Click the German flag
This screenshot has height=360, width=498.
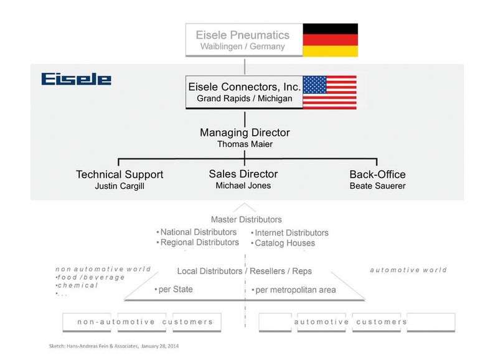click(330, 40)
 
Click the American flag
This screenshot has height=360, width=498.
click(329, 92)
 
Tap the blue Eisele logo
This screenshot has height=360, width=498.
click(76, 80)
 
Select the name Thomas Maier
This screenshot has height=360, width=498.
click(245, 144)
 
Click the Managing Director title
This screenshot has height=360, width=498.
click(245, 133)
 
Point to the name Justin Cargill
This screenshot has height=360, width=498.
click(120, 186)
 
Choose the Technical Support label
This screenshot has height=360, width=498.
click(120, 174)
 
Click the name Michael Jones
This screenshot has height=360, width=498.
click(243, 186)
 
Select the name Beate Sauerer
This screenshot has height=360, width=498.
click(378, 186)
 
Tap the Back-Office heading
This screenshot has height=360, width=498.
click(378, 174)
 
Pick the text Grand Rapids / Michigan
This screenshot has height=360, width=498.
click(244, 98)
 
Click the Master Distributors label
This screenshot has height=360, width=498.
click(246, 219)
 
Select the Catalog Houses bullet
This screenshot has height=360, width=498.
click(283, 244)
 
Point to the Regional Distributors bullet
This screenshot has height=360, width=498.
click(198, 242)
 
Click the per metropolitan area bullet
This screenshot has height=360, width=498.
click(294, 290)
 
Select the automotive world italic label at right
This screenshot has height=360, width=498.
click(408, 270)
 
